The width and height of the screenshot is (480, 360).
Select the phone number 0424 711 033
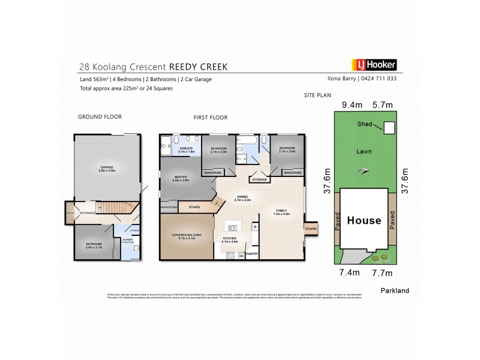(x=379, y=79)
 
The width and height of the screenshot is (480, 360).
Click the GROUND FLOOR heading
(x=95, y=117)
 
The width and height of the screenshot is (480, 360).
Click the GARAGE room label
(x=107, y=168)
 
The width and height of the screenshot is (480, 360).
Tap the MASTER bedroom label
(x=181, y=178)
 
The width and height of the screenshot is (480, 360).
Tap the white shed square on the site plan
(x=389, y=127)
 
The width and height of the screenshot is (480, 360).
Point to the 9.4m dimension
(x=352, y=104)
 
